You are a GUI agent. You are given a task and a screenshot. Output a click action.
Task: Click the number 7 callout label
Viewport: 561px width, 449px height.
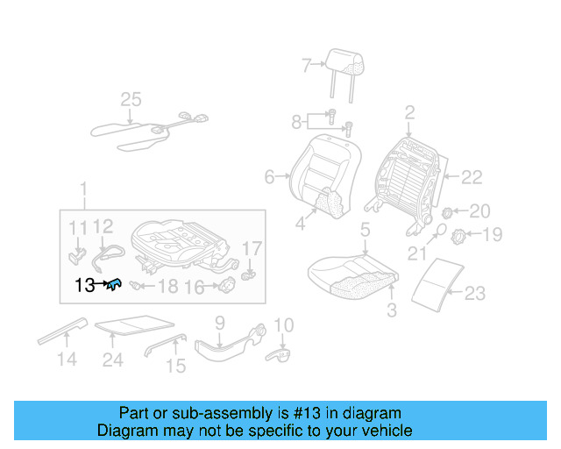click(306, 65)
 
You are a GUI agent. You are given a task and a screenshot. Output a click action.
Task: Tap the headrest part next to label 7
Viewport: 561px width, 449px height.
click(344, 60)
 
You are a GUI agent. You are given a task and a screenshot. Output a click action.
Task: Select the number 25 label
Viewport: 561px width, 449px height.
click(131, 101)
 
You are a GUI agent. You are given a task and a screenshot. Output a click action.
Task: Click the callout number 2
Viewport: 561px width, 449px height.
click(408, 112)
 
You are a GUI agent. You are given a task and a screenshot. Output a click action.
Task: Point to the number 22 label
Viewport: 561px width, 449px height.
click(471, 178)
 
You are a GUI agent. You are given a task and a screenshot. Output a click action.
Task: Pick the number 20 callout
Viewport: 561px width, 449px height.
click(480, 210)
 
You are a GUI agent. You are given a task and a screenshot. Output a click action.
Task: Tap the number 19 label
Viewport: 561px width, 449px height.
click(492, 234)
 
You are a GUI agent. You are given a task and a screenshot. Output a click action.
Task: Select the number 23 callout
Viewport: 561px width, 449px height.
click(474, 294)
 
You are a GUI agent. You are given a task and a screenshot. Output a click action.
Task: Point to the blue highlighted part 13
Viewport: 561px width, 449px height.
click(115, 283)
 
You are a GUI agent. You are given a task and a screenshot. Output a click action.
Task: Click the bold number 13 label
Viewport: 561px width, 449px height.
click(85, 284)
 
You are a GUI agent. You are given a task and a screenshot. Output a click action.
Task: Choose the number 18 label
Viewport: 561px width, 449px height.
click(167, 286)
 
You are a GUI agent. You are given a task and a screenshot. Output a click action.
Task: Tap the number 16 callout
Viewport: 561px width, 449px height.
click(195, 286)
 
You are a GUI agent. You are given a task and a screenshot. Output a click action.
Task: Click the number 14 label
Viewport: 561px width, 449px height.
click(67, 359)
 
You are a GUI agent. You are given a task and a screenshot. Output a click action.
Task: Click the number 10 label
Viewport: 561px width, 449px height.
click(282, 326)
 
